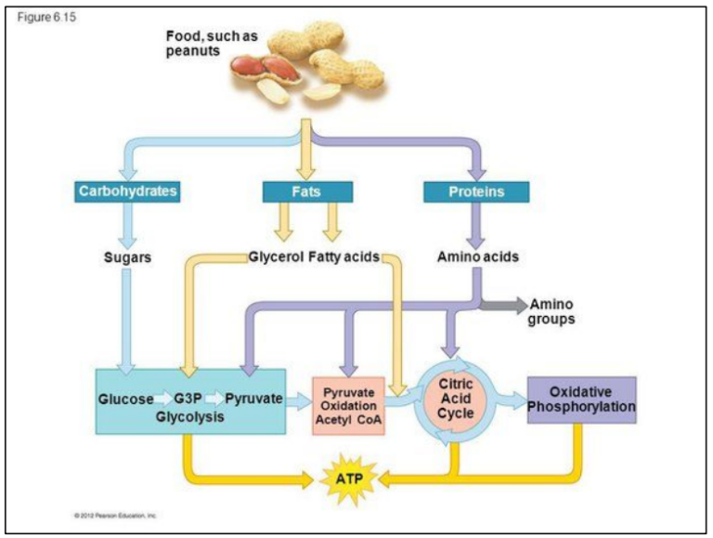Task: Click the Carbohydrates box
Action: click(127, 191)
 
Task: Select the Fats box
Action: click(307, 191)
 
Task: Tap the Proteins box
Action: click(476, 191)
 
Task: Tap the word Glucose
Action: click(125, 399)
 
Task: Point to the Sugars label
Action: click(127, 257)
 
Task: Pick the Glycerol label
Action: click(276, 257)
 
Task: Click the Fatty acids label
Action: click(344, 257)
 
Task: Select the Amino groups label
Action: click(551, 311)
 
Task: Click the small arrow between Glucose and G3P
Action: click(163, 400)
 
